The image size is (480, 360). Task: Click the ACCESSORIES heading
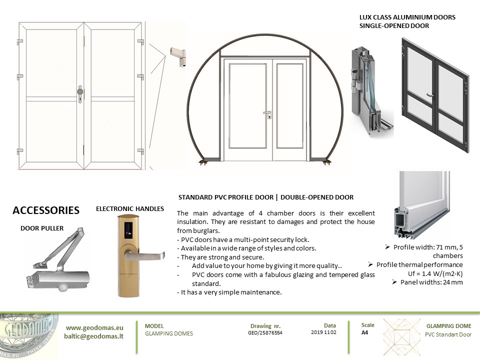coord(46,210)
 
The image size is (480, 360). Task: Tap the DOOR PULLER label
coord(42,228)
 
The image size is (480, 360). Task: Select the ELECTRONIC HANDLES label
coord(130,209)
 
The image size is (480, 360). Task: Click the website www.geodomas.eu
coord(94,328)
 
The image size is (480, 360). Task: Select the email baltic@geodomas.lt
coord(94,336)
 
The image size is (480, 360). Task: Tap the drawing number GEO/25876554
coord(265,332)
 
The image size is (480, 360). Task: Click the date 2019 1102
coord(323,332)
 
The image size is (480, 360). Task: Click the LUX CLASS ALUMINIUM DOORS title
coord(407,17)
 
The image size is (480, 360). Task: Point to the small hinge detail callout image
coord(178,55)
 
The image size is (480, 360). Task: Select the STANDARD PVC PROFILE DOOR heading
coord(266,197)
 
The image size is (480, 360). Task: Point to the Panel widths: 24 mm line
coord(427,282)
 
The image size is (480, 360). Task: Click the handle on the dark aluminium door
coord(429,94)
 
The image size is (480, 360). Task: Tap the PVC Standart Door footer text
coord(448,334)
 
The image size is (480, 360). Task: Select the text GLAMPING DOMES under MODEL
coord(169,333)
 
